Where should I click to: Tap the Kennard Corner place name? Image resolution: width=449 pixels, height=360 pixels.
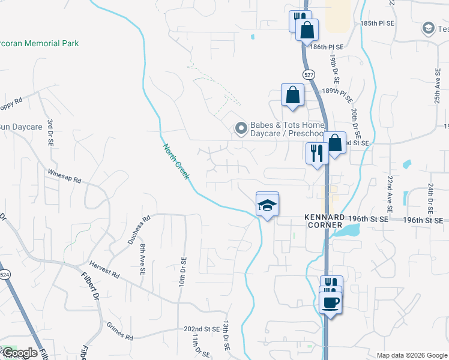pos(324,221)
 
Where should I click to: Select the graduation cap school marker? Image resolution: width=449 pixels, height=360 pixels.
pos(267,205)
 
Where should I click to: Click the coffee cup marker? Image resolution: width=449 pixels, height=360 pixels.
pos(331,301)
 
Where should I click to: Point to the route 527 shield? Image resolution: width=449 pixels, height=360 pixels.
pos(308,74)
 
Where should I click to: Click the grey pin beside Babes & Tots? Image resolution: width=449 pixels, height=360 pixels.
pos(241,128)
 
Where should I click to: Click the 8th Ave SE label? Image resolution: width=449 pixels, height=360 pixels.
pos(143,259)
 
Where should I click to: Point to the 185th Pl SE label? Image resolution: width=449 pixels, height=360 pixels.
pos(378,23)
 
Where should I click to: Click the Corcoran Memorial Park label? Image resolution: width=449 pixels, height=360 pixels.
pos(39,43)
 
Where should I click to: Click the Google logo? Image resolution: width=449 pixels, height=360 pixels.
pos(20,353)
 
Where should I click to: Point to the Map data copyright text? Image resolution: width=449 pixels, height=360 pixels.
pos(412,355)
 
